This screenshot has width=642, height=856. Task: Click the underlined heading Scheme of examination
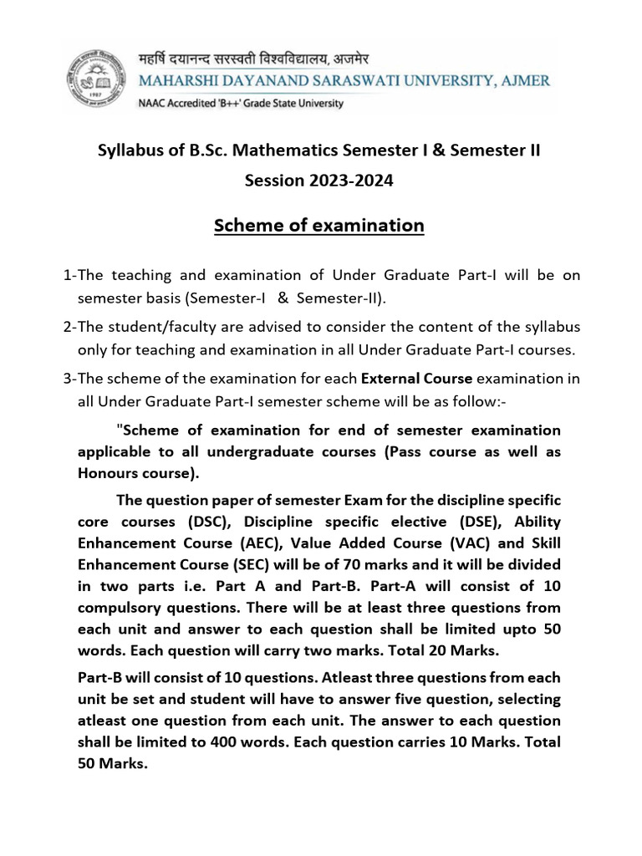[319, 226]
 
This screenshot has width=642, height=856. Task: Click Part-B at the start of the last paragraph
[101, 676]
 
